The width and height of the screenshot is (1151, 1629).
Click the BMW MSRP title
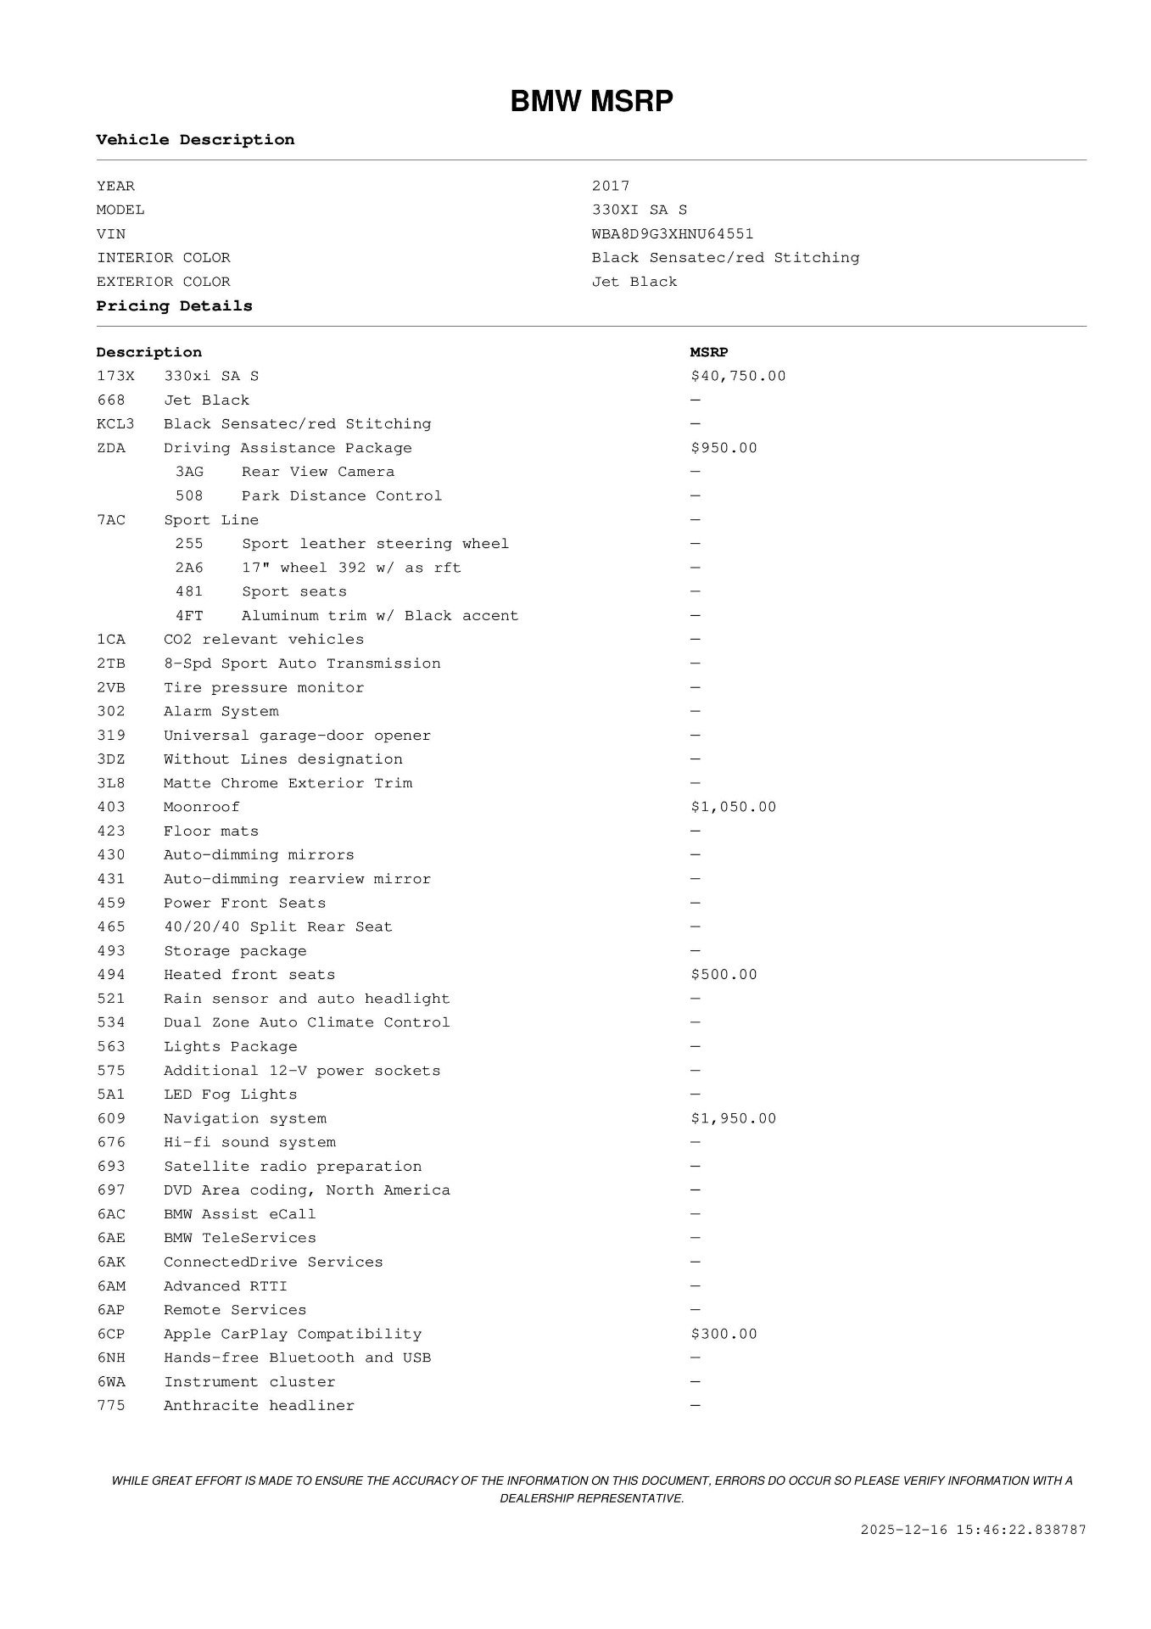(591, 102)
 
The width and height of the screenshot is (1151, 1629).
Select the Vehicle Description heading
(195, 140)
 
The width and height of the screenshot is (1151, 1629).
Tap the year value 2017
(611, 186)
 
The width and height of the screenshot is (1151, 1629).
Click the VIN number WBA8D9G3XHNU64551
(673, 233)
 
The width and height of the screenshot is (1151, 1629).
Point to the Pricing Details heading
(174, 306)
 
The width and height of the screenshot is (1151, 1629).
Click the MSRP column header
(709, 352)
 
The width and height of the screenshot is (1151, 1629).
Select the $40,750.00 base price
(738, 376)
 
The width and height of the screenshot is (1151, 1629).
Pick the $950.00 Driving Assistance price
(724, 448)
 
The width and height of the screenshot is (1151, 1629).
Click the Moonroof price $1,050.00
(733, 807)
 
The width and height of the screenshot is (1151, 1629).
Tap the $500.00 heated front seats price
(724, 975)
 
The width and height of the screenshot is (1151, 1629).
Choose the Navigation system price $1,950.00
(733, 1118)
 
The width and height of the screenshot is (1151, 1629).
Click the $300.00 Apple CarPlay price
(724, 1334)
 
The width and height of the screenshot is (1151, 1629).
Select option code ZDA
(111, 448)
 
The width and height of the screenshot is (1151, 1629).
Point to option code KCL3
(115, 424)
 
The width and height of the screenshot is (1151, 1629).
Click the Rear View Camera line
(318, 472)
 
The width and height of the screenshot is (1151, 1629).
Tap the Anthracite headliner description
(259, 1406)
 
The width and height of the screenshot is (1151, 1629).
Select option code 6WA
(111, 1382)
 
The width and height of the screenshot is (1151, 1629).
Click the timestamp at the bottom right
(973, 1530)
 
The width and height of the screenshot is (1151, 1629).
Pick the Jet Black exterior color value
(634, 282)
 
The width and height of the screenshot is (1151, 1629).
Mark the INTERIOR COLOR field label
(163, 258)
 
